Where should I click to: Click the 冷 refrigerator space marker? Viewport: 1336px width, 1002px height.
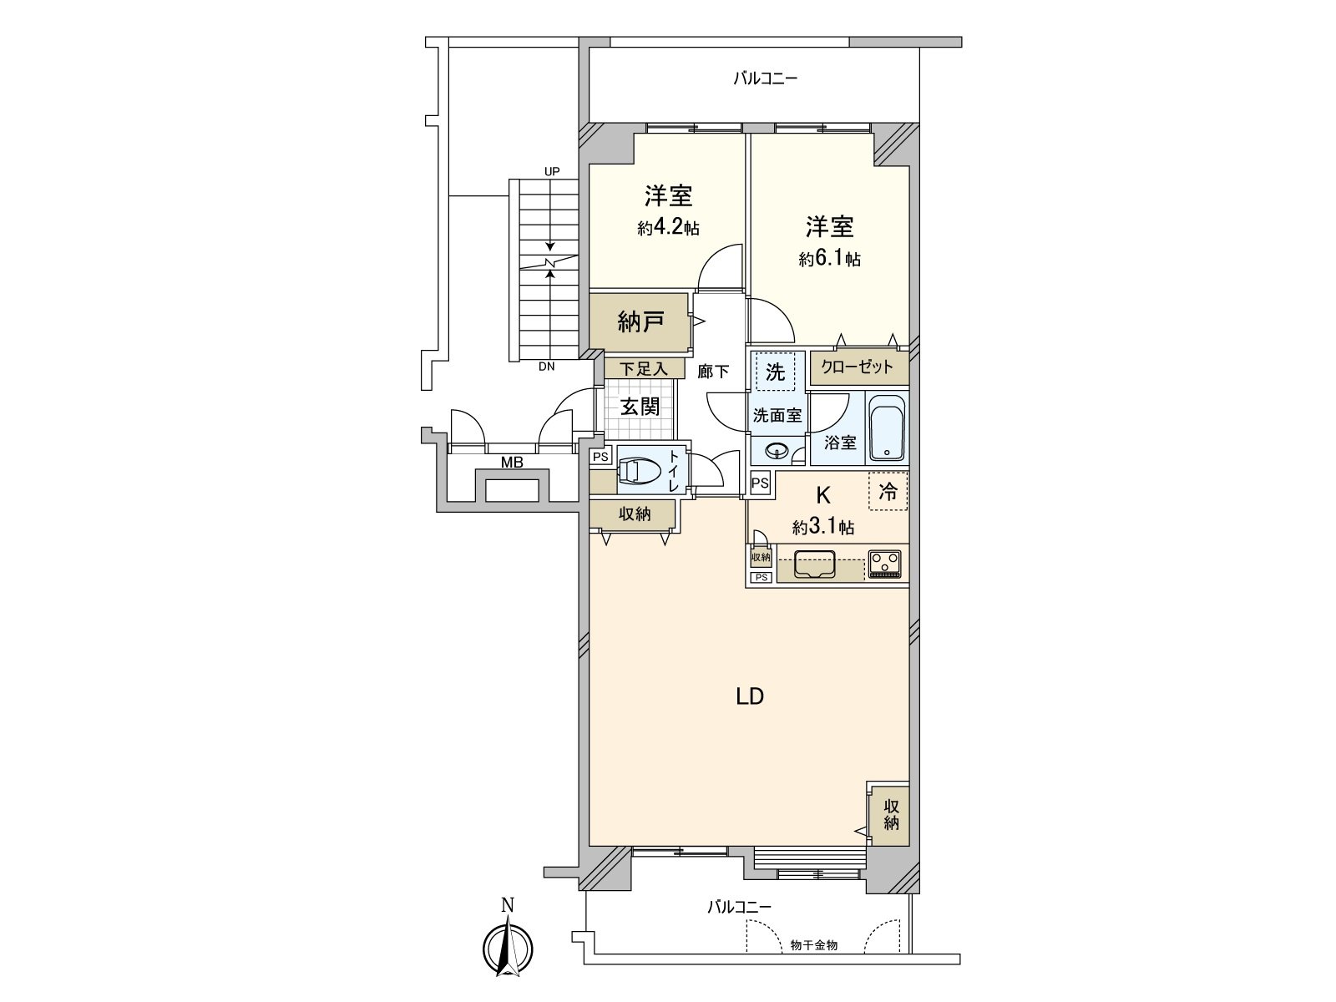point(888,493)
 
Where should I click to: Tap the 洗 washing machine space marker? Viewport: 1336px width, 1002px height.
point(776,372)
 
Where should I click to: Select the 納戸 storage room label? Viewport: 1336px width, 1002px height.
point(640,321)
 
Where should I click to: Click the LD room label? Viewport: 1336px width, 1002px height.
point(749,696)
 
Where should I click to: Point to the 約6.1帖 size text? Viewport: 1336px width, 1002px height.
point(829,260)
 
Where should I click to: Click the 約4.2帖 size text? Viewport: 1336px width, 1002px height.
point(668,228)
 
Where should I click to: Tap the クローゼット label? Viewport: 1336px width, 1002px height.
point(857,367)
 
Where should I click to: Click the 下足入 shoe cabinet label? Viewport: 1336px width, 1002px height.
point(644,369)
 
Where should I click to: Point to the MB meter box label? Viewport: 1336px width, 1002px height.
point(512,462)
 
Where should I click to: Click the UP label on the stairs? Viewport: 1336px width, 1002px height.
point(551,172)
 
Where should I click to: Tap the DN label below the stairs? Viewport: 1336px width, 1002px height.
point(546,367)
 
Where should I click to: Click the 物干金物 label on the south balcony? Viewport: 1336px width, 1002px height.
point(813,945)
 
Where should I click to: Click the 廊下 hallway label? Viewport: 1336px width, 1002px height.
point(713,372)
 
